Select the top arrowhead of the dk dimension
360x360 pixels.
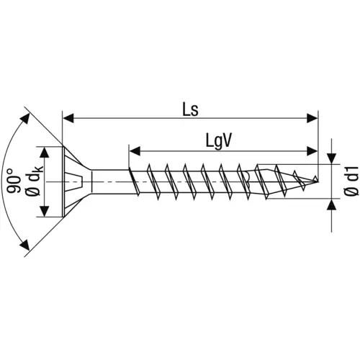point(45,153)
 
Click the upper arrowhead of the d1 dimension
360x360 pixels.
point(332,158)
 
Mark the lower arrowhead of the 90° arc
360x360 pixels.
point(27,247)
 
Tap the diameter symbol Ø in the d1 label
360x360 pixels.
point(351,193)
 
